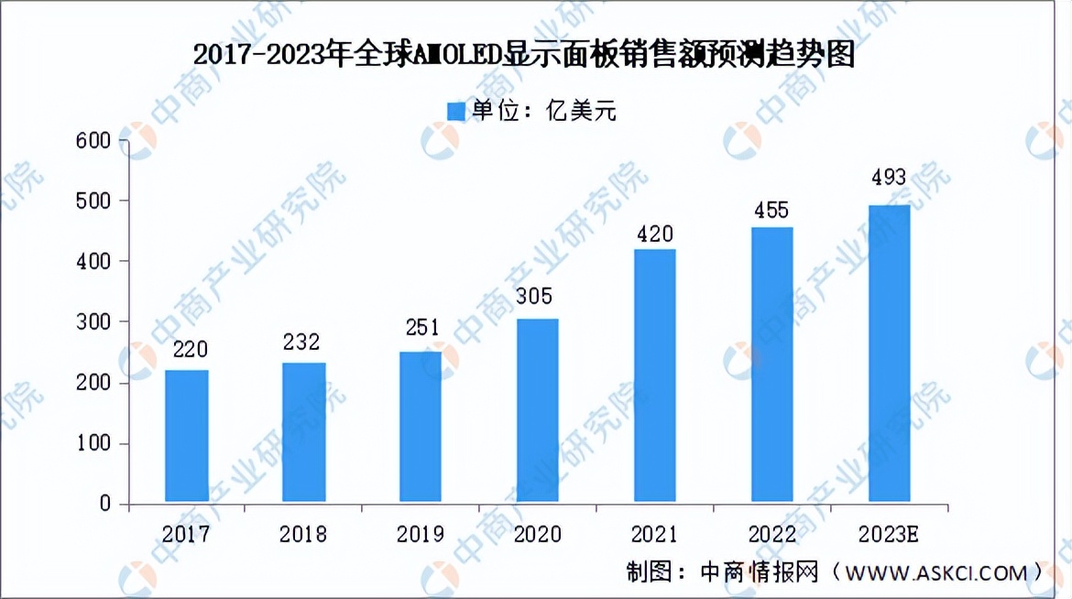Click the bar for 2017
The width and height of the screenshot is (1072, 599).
tap(186, 436)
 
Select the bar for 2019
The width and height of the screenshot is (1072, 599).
tap(420, 427)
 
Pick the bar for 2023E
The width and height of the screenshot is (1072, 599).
tap(888, 354)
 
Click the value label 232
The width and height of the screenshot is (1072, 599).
tap(301, 342)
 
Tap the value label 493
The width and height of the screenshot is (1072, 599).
tap(888, 178)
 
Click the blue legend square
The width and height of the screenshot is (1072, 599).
tap(456, 112)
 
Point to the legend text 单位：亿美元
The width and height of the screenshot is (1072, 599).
tap(544, 112)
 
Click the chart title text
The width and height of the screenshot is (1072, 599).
tap(524, 56)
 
